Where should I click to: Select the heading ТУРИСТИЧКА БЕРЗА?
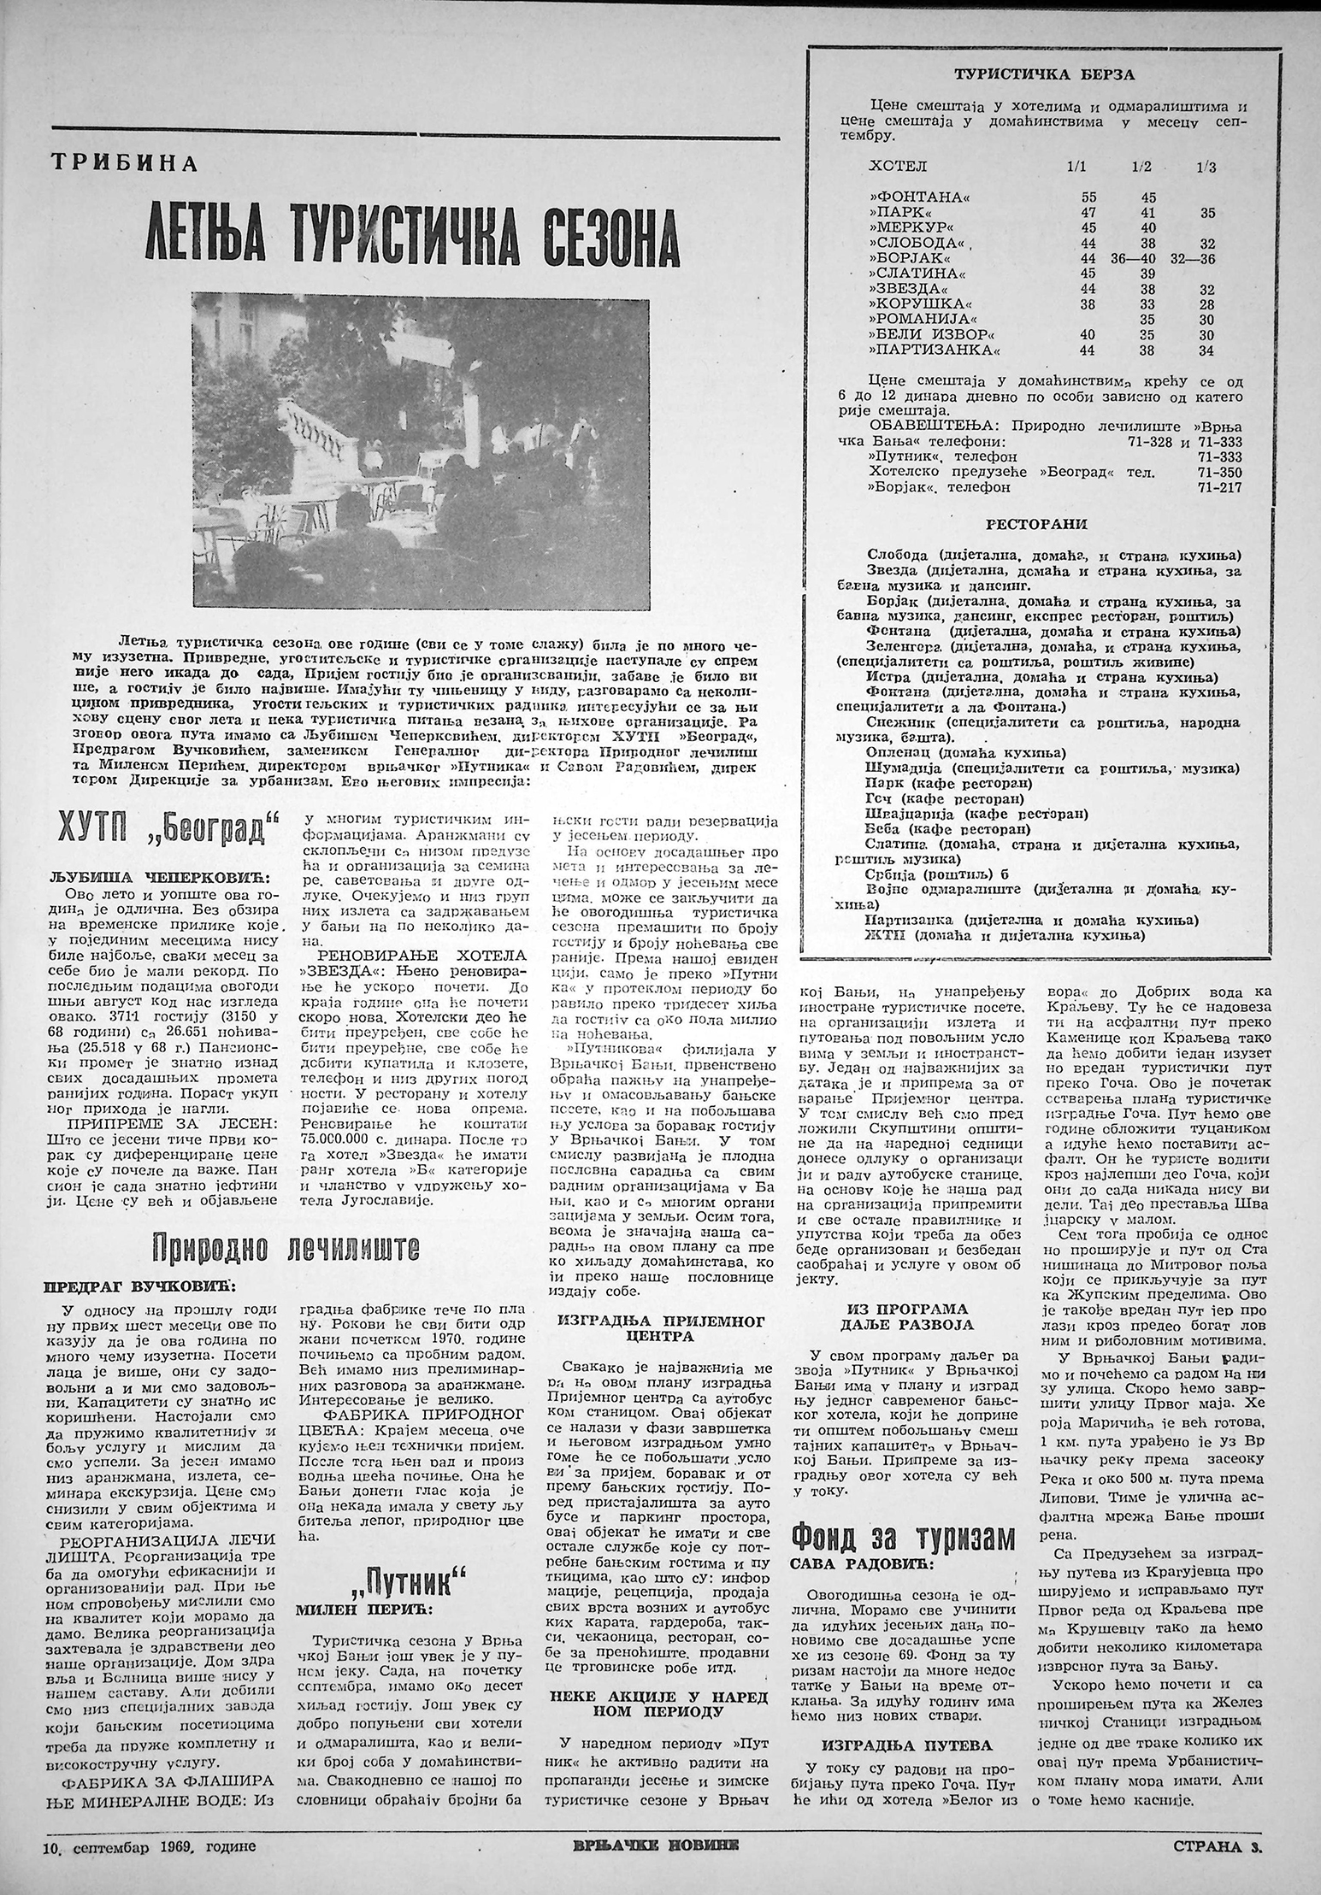[1044, 74]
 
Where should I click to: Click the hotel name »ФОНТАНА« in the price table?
[911, 197]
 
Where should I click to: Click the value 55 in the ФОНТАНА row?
[1088, 197]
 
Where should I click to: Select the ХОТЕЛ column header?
[897, 166]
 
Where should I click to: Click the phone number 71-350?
[1220, 472]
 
